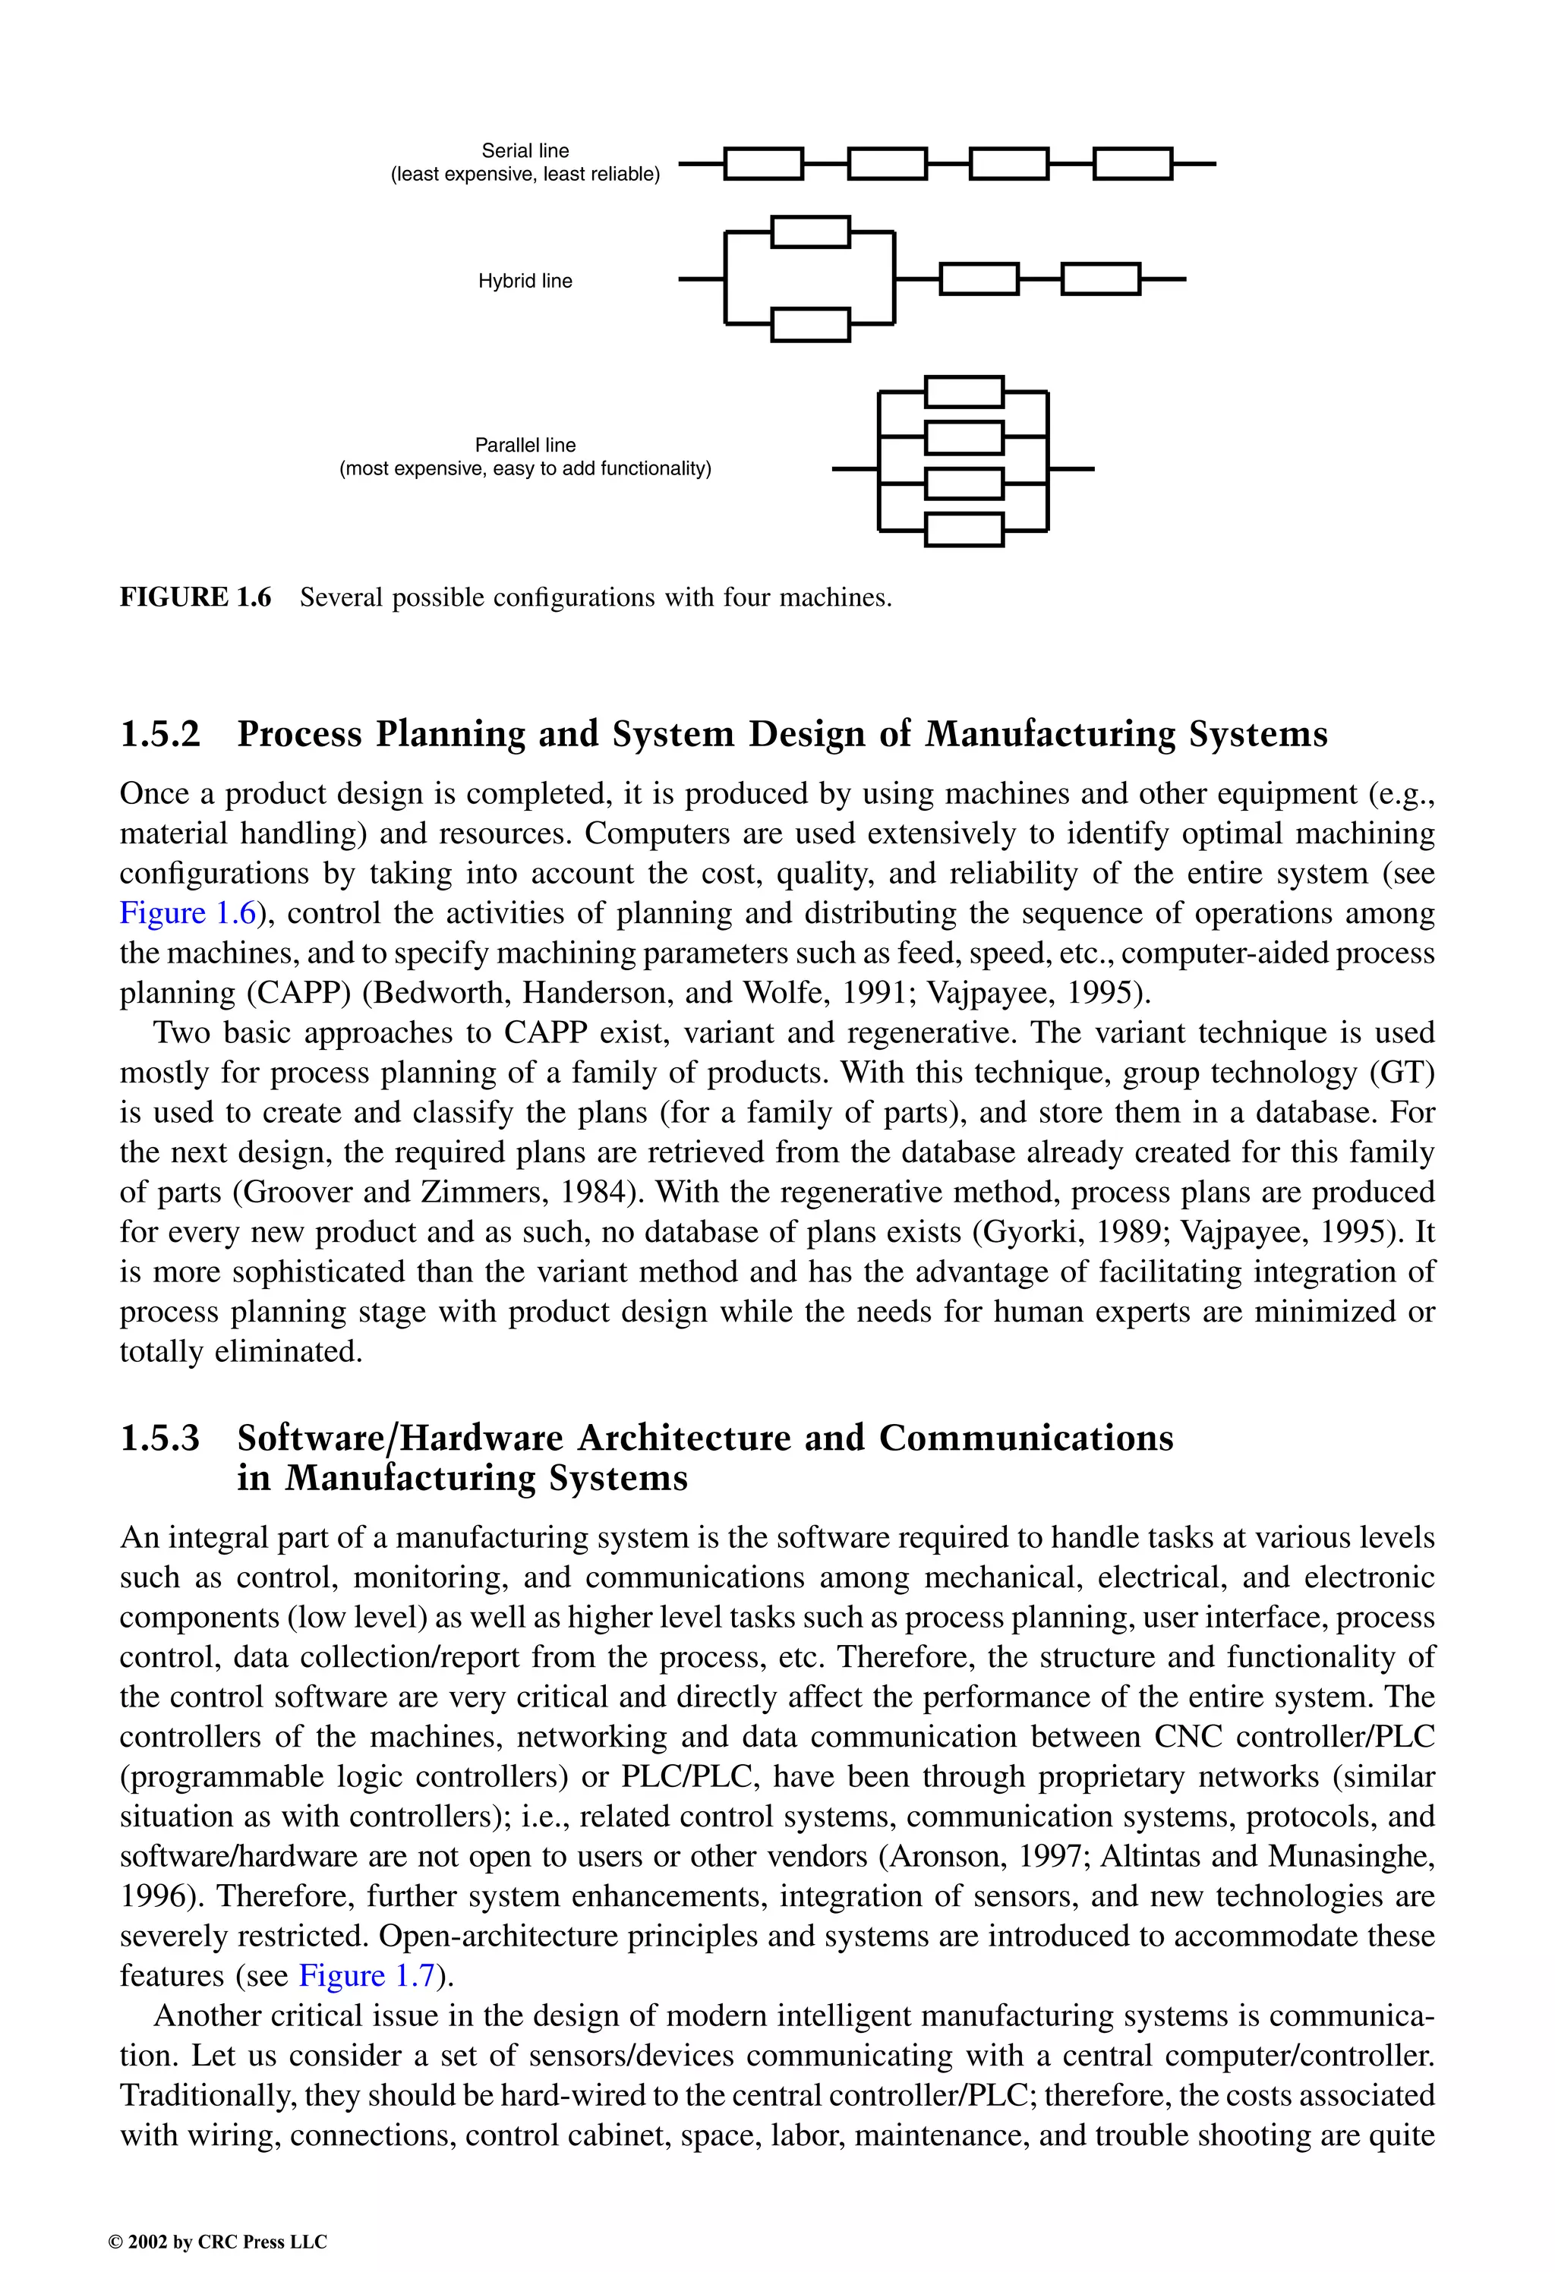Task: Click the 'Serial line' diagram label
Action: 525,150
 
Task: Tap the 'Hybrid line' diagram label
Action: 525,282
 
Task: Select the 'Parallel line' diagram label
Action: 525,445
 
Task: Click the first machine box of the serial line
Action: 764,164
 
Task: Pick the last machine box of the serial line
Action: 1131,164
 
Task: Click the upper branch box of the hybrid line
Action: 811,232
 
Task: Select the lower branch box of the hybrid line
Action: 811,325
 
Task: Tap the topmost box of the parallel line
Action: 964,392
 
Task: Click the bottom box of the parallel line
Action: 964,530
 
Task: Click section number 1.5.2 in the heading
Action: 159,734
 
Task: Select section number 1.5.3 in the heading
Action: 159,1438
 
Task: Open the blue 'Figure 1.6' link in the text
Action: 188,913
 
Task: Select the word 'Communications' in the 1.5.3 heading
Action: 1026,1438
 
